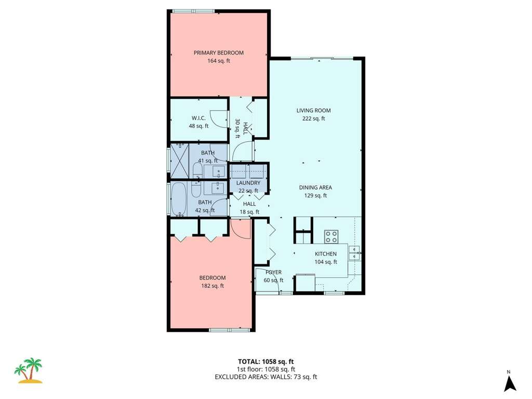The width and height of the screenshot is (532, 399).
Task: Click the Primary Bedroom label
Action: [219, 52]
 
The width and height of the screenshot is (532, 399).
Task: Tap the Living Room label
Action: [313, 110]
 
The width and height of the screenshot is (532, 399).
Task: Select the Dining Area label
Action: [315, 187]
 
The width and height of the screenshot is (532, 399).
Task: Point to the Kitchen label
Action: [326, 254]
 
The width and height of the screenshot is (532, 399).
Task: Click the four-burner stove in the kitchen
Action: [331, 237]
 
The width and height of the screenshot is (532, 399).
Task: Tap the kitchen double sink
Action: [354, 253]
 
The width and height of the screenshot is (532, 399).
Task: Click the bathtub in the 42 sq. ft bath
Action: [178, 199]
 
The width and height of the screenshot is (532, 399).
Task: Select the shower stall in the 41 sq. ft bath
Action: [179, 161]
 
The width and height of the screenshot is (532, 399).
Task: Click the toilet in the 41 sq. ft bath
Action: [197, 170]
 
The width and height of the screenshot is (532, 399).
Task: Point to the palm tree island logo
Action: [29, 370]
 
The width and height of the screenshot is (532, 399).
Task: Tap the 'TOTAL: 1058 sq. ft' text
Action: [265, 362]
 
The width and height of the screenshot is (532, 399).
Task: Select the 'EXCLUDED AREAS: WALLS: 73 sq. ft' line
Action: [265, 377]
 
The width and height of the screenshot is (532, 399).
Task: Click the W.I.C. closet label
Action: [198, 118]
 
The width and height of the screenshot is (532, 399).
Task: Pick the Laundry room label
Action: [248, 183]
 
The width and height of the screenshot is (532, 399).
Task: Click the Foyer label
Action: [273, 272]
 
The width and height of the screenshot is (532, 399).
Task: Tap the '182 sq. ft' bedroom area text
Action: [212, 286]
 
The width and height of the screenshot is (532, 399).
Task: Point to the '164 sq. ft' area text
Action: [219, 61]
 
